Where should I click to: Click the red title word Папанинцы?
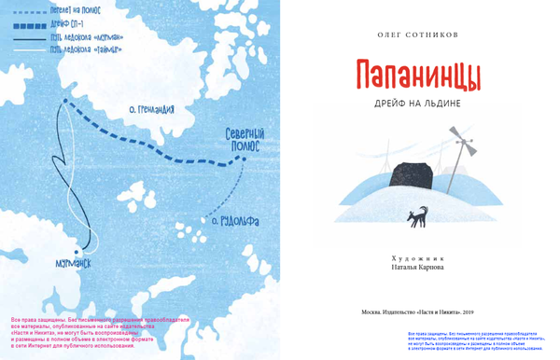point(417,76)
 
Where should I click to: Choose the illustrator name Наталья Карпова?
point(416,267)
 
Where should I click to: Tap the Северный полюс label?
point(245,141)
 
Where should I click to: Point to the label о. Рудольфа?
point(231,221)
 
